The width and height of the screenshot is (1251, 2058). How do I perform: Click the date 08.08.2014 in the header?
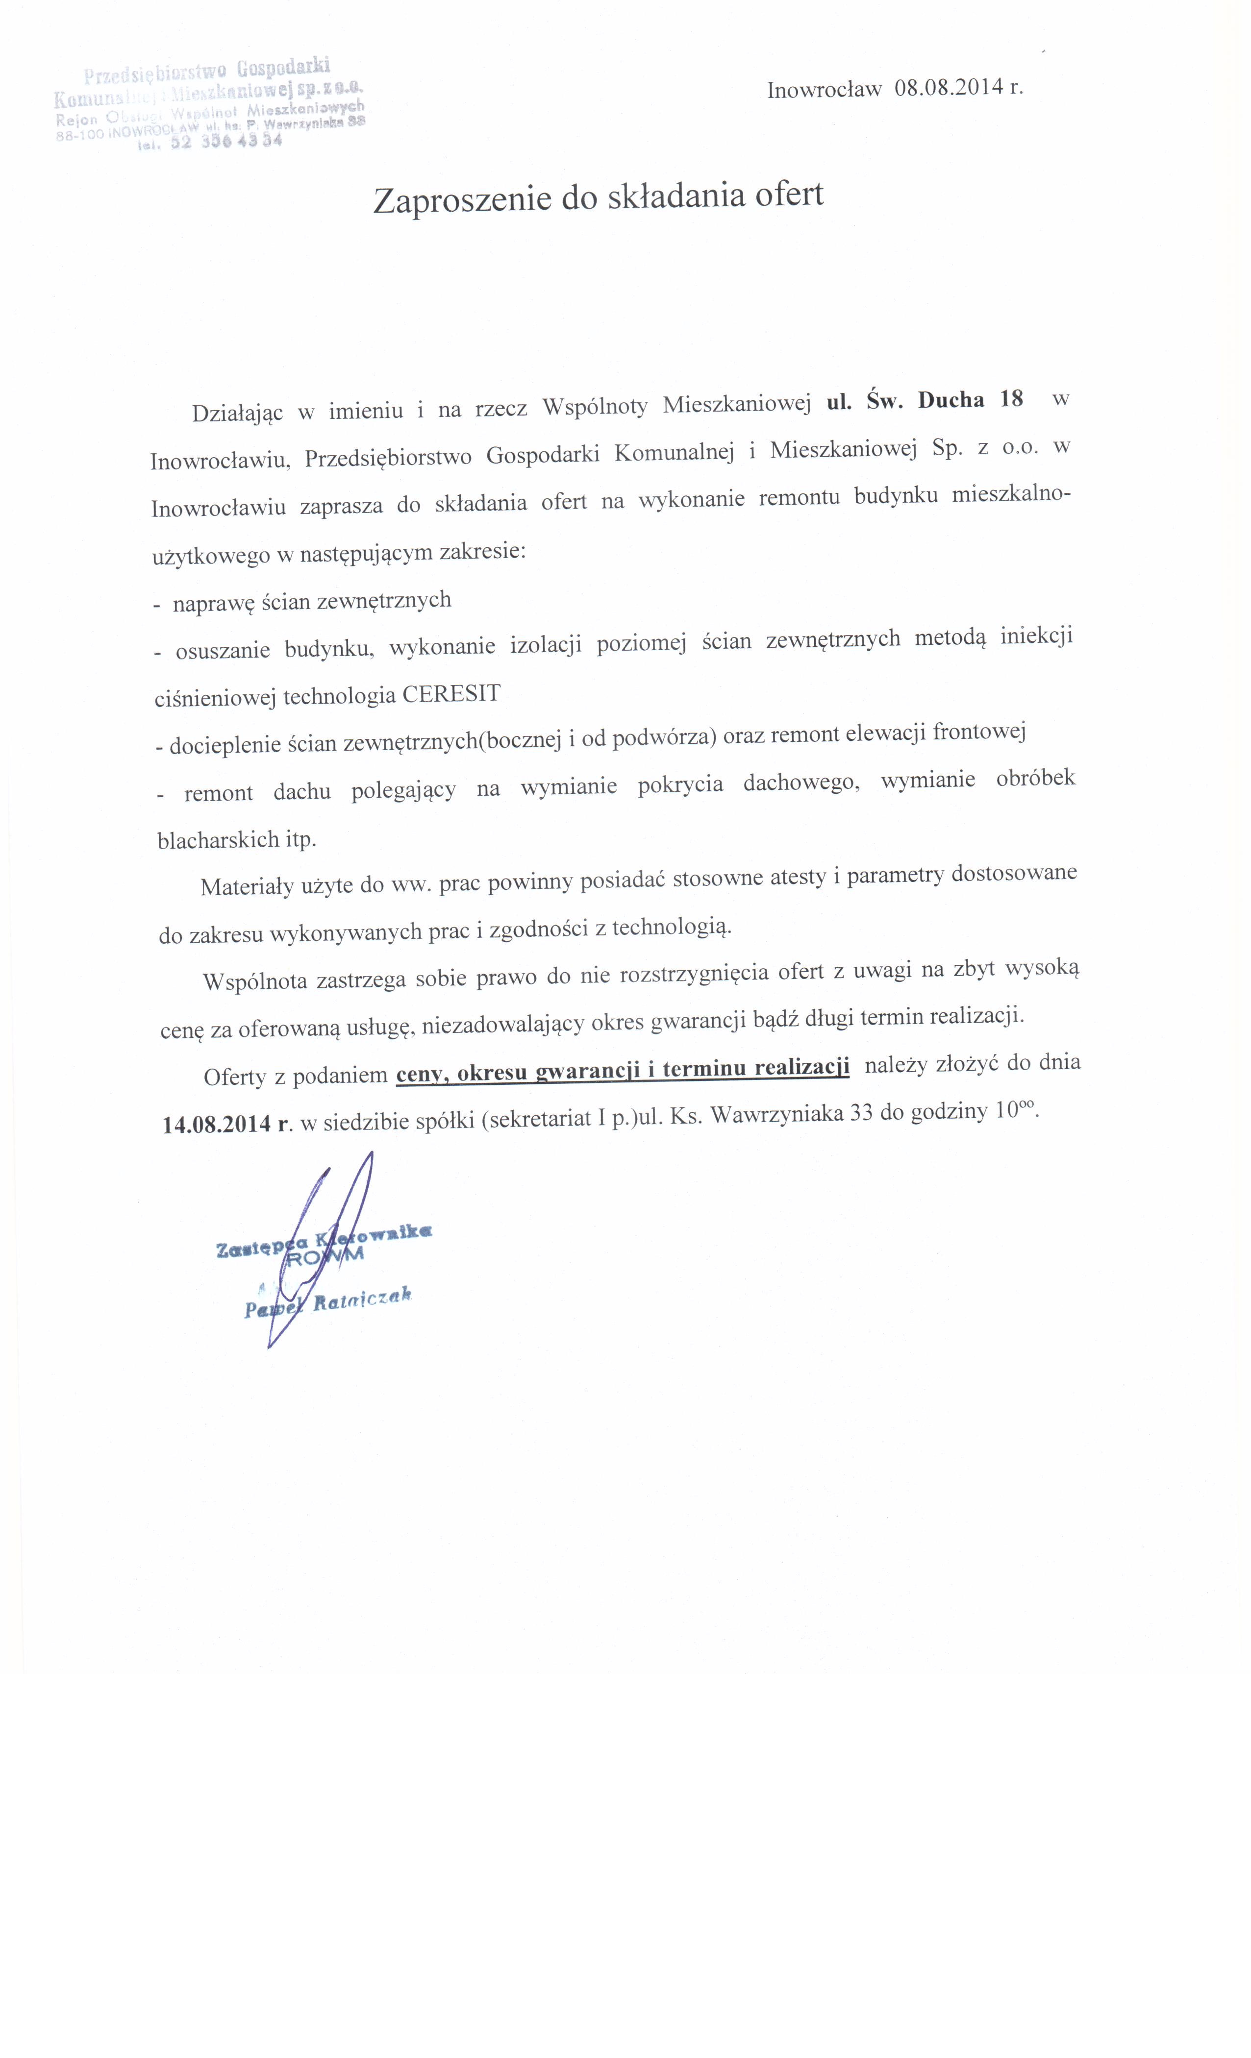[x=948, y=89]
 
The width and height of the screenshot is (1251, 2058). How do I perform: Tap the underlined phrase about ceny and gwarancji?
[x=623, y=1070]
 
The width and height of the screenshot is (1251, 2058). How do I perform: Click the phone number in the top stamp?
[x=225, y=142]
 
